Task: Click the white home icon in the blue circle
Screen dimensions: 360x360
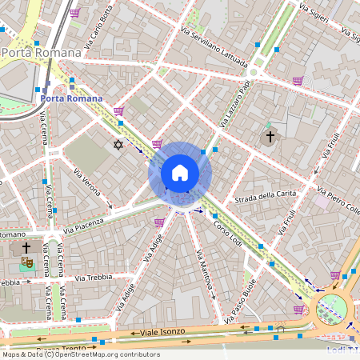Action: click(x=180, y=173)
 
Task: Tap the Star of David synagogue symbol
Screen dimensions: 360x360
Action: click(x=119, y=145)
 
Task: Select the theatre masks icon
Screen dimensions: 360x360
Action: click(x=27, y=261)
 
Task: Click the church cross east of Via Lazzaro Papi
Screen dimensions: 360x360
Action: click(x=270, y=137)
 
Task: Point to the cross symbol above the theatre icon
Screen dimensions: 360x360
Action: click(x=26, y=248)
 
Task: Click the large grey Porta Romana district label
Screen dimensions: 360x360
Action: click(x=42, y=53)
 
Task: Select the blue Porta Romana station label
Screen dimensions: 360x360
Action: click(x=71, y=98)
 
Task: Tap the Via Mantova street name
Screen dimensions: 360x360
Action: click(x=205, y=276)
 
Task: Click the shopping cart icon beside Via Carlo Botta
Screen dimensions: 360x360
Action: click(x=75, y=13)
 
